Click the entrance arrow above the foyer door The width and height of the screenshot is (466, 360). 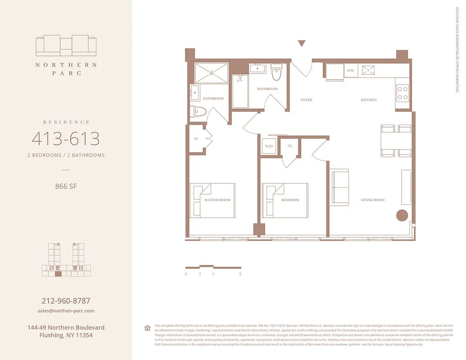(302, 44)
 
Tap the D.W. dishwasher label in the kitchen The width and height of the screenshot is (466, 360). (351, 71)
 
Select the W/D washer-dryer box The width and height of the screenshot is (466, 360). (269, 146)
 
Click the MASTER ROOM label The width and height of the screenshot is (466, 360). (217, 200)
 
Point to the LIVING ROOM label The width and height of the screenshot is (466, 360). (372, 200)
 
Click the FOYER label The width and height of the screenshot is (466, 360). (306, 100)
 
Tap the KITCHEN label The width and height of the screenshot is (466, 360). (369, 100)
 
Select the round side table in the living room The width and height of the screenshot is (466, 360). (402, 215)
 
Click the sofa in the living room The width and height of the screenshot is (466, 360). (339, 187)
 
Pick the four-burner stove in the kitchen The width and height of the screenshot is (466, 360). (403, 93)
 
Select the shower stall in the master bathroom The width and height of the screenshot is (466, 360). (211, 73)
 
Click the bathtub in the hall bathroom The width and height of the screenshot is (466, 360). (240, 91)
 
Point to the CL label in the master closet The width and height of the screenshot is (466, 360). (196, 139)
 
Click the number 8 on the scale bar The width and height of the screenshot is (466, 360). (240, 274)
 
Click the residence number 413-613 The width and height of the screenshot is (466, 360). (66, 139)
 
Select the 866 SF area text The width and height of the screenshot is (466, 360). (66, 186)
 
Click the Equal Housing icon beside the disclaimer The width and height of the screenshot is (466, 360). (147, 328)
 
